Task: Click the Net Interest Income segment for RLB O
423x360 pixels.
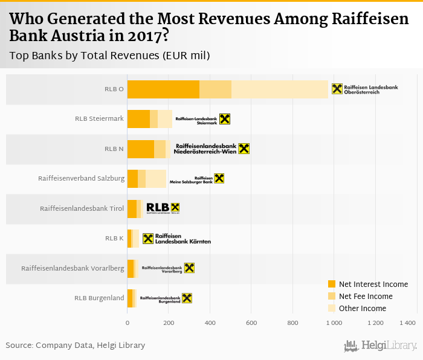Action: point(163,89)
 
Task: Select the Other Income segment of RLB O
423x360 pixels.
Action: point(279,89)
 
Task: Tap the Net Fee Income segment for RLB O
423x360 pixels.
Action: point(215,89)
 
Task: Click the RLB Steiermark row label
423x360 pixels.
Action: point(99,119)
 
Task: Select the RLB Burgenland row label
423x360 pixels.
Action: point(99,298)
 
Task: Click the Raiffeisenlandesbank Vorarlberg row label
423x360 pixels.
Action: point(73,268)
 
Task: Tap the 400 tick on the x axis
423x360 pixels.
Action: point(210,324)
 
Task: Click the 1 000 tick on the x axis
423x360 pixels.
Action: point(334,324)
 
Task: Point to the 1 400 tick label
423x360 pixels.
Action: point(408,324)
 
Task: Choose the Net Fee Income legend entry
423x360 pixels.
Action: point(364,297)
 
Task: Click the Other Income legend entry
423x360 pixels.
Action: point(362,309)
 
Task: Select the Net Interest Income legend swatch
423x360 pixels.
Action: point(331,284)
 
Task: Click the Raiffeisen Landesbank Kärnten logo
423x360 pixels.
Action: point(176,239)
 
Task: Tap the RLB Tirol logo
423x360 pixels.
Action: point(163,208)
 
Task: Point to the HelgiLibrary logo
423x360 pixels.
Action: point(381,346)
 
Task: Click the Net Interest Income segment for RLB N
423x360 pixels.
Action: point(141,149)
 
